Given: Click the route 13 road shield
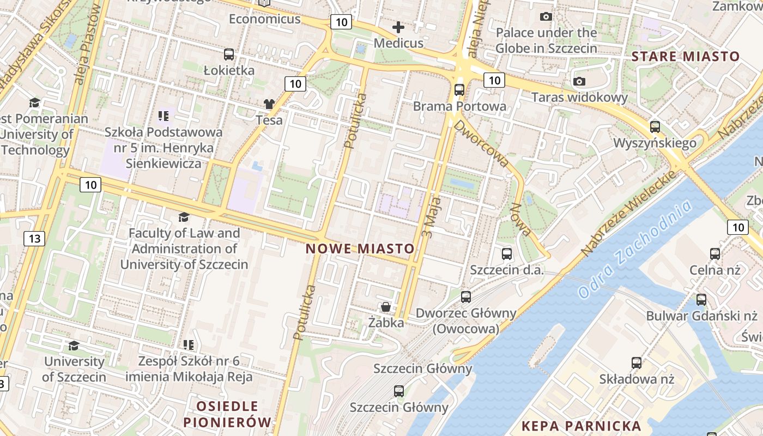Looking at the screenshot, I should coord(34,238).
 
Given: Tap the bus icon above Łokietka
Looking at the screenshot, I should coord(229,55).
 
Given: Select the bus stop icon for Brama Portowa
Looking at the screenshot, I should coord(459,90).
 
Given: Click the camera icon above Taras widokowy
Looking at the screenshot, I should coord(579,81).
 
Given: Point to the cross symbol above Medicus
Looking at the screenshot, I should coord(398,27).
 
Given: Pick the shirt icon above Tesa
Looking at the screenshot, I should coord(269,104).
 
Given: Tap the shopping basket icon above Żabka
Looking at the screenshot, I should coord(386,307).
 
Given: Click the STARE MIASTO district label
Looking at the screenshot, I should coord(685,56).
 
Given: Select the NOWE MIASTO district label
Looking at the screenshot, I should coord(360,249).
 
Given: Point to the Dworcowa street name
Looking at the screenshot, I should coord(481,143).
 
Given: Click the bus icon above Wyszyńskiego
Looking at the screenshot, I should coord(655,127).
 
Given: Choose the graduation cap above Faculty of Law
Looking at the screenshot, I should coord(184,217).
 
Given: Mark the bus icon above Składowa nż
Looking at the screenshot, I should coord(637,363).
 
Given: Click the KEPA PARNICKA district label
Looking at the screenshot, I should coord(581,426).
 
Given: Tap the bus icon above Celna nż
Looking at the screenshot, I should coord(715,253).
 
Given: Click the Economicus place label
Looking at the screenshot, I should coord(264,19).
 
